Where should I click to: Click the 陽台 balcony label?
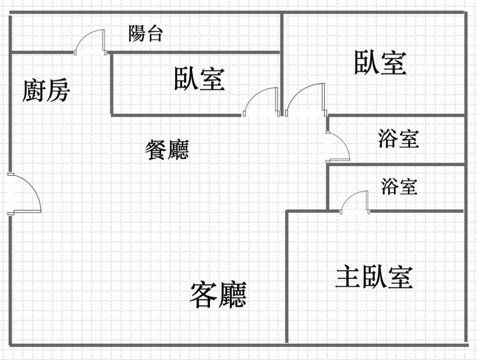coord(146,33)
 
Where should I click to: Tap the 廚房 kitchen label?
coord(46,91)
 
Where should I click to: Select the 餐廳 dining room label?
coord(167,150)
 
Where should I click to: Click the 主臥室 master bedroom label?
coord(374,277)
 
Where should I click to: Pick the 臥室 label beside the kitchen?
coord(199,79)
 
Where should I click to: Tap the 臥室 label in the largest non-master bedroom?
coord(380,62)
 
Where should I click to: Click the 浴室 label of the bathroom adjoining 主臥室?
coord(399,186)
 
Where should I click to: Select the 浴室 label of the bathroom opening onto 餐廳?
coord(398,139)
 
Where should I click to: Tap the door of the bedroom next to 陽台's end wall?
coord(305,100)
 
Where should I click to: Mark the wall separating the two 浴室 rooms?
coord(396,165)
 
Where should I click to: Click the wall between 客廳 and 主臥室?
coord(287,277)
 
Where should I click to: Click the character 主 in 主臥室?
coord(347,277)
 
